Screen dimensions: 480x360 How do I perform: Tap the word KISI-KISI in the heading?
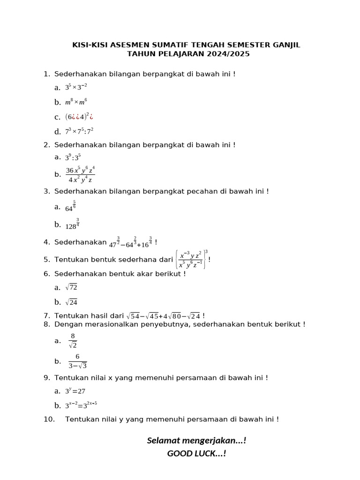90,45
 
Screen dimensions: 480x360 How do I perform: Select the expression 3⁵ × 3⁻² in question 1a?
76,87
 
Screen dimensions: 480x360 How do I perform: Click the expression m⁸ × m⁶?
76,102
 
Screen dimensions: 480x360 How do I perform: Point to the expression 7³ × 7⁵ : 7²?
79,131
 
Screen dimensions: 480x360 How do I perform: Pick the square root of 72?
71,287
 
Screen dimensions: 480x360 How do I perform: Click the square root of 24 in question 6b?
71,302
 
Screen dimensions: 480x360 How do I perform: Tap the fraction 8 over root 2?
73,341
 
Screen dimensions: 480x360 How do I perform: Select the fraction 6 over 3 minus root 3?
77,361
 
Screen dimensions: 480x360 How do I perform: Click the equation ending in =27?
75,391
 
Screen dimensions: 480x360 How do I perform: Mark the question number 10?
49,419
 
